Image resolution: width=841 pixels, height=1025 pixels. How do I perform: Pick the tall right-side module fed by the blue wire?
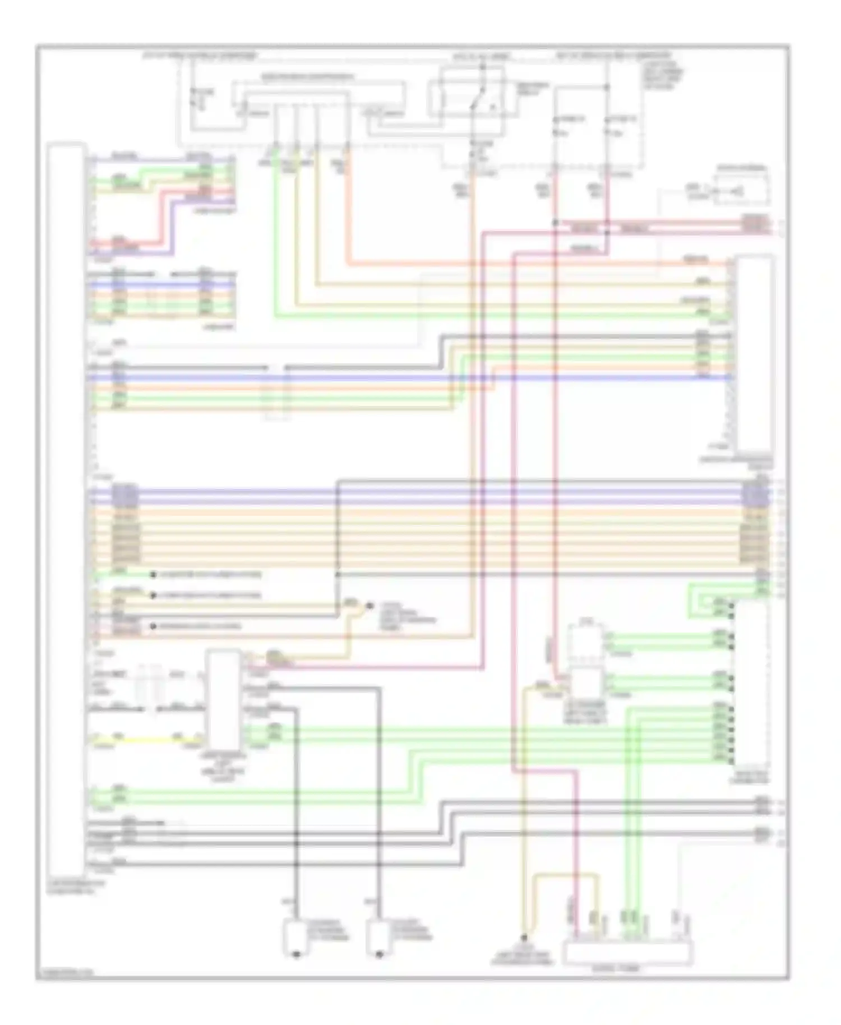[755, 353]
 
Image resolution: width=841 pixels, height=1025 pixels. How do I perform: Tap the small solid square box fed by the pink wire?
[585, 683]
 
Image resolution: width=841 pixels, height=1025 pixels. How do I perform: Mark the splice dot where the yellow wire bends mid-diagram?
[369, 606]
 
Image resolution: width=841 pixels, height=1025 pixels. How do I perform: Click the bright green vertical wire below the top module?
[276, 236]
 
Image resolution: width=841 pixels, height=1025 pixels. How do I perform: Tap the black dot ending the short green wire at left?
[153, 575]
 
